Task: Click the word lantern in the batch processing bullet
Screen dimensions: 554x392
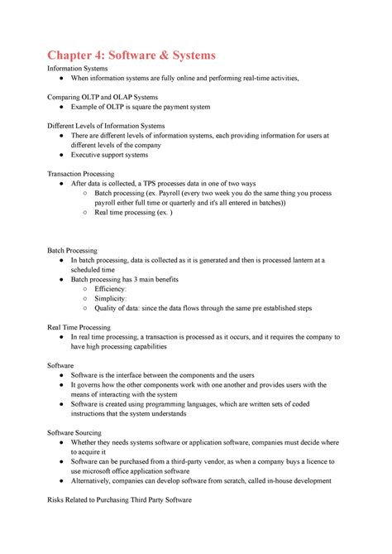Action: pyautogui.click(x=308, y=259)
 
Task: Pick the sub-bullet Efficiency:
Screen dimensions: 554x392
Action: pyautogui.click(x=115, y=288)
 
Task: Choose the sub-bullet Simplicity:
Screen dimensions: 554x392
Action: pyautogui.click(x=115, y=298)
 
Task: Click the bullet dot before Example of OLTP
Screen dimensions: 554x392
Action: pyautogui.click(x=63, y=108)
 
